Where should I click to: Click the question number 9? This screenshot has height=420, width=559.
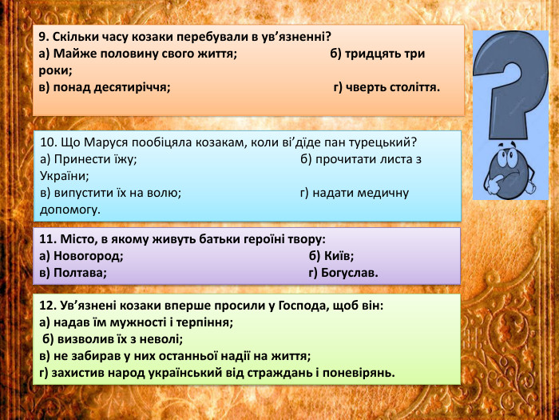coord(43,37)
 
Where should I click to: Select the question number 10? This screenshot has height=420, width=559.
coord(46,142)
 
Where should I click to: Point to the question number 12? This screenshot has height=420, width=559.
coord(46,306)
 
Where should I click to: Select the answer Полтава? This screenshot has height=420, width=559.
coord(80,273)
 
